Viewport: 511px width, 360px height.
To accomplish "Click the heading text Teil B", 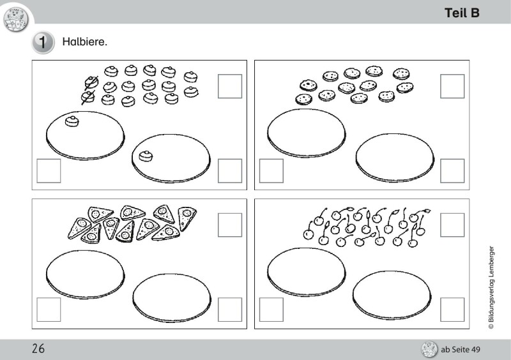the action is coord(462,13).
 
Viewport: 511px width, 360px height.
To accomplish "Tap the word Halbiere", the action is coord(85,42).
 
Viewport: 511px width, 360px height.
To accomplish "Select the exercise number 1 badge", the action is coord(43,42).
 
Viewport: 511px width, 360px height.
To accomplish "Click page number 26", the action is coord(38,349).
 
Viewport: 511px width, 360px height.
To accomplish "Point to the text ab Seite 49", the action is coord(461,350).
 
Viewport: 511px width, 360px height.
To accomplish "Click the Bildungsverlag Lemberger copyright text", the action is coord(491,287).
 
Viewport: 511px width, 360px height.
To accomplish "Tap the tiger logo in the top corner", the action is coord(15,20).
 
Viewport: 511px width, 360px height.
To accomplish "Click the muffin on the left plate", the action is coord(72,121).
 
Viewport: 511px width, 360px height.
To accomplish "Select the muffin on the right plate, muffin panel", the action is coord(146,156).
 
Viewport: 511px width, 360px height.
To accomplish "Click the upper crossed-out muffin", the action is coord(91,82).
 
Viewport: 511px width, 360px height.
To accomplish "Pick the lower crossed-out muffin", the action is coord(88,97).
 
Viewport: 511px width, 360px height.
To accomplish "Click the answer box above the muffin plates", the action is coord(230,86).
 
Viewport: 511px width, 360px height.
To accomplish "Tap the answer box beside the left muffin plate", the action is coord(49,170).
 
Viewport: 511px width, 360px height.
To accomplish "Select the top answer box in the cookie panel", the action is coord(452,86).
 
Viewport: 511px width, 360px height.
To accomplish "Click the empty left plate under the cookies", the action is coord(307,133).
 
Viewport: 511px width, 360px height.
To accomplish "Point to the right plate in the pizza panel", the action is coord(172,298).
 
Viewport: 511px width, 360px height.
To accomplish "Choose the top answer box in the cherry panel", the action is coord(452,225).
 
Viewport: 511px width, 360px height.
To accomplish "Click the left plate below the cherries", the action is coord(307,272).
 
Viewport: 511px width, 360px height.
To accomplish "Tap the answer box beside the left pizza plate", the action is coord(49,310).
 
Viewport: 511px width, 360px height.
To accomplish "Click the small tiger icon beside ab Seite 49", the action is coord(429,350).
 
